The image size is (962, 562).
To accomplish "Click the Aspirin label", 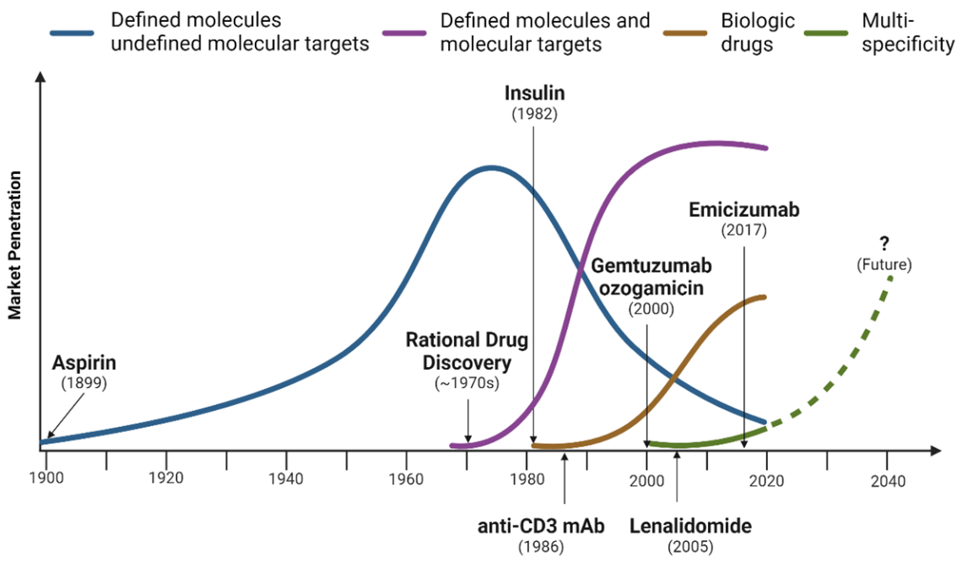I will tap(84, 363).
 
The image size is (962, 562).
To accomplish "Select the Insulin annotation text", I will tap(535, 92).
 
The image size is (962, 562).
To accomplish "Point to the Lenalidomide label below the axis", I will tap(690, 527).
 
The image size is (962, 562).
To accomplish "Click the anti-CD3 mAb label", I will tap(541, 527).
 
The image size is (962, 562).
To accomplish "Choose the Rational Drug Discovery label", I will tap(467, 351).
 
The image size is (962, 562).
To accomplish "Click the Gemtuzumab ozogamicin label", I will tap(651, 277).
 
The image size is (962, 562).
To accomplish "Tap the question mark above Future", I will tap(884, 244).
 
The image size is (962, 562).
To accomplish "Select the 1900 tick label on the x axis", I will tap(46, 480).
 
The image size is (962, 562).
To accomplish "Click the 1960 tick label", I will tap(407, 480).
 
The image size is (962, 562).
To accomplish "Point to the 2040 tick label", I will tap(887, 481).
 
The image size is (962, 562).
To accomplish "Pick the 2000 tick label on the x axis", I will tap(647, 480).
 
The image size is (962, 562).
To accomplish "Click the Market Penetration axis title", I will tap(14, 246).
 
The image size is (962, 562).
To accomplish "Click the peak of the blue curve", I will tap(489, 168).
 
